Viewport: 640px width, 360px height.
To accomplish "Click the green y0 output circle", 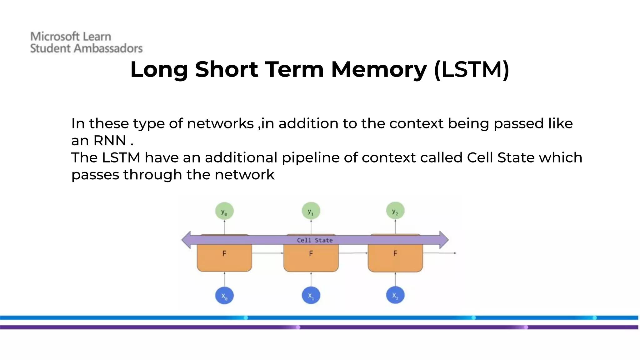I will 224,211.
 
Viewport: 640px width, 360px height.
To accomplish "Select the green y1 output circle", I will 311,211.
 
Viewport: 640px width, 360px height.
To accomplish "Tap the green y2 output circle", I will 395,211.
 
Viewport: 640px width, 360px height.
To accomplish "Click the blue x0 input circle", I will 224,295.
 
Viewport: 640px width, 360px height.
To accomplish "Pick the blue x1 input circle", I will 311,295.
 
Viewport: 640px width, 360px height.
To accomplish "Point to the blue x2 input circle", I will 395,295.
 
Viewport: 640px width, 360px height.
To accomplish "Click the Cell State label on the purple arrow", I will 315,240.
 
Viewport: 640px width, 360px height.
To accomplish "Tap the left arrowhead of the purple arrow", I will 187,240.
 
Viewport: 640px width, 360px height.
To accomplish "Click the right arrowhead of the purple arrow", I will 444,240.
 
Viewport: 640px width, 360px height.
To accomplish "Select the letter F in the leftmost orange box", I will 224,253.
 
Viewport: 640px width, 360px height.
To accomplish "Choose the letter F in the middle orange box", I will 311,253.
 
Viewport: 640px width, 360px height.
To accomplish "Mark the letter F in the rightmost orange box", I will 395,253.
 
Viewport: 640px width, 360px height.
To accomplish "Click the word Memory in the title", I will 378,69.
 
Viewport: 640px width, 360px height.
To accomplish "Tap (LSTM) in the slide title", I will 472,69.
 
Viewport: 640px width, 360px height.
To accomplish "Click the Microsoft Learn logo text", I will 71,37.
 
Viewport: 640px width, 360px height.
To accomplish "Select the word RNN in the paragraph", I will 110,141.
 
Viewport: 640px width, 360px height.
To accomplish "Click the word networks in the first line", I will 220,123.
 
